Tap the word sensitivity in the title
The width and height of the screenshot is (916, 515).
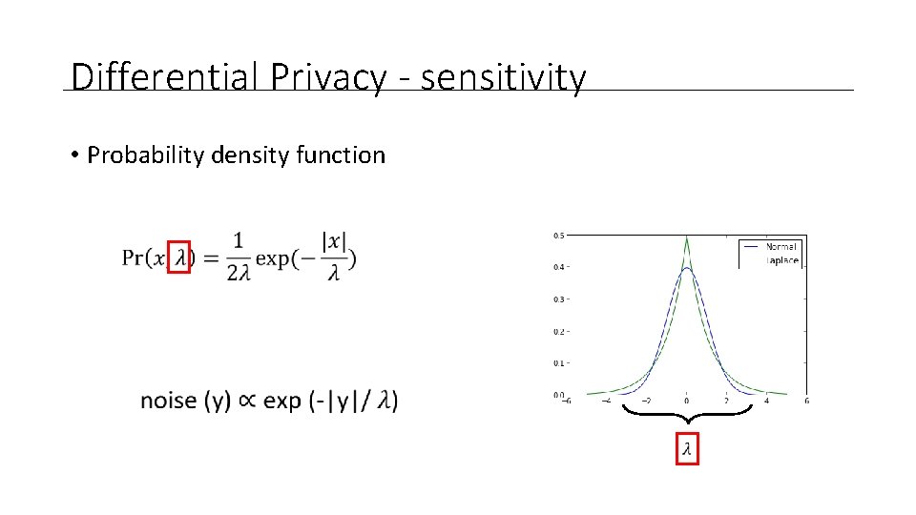[503, 77]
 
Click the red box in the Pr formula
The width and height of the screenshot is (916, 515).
[179, 257]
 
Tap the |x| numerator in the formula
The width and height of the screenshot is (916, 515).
[334, 241]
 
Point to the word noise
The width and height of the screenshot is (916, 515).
[168, 401]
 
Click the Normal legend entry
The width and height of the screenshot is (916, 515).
[781, 246]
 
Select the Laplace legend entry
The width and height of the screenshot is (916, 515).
[781, 259]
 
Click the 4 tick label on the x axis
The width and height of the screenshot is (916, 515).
[766, 402]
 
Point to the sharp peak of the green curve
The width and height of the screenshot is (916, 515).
[687, 238]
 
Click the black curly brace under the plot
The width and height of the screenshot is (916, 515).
[687, 416]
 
